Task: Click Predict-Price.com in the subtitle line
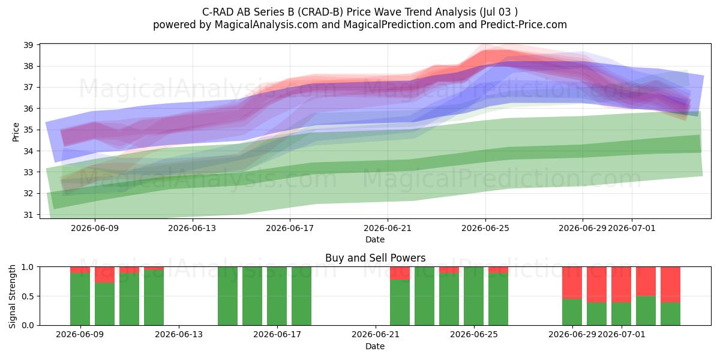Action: click(x=524, y=25)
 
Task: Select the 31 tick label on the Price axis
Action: click(x=29, y=215)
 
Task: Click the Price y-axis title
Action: click(x=16, y=132)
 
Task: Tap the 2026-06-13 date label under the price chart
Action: click(x=192, y=228)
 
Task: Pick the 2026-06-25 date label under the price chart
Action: click(x=485, y=228)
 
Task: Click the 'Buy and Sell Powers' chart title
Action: click(x=375, y=258)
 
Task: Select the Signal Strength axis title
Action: click(x=12, y=296)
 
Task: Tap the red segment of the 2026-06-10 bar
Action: click(x=104, y=275)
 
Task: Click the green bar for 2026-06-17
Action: click(x=277, y=296)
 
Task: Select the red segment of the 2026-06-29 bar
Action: click(x=572, y=283)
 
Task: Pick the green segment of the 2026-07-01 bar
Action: click(x=621, y=314)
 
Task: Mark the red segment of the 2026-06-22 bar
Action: click(x=400, y=273)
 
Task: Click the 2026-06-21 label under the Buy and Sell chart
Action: click(x=376, y=335)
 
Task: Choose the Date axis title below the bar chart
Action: click(x=375, y=346)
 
